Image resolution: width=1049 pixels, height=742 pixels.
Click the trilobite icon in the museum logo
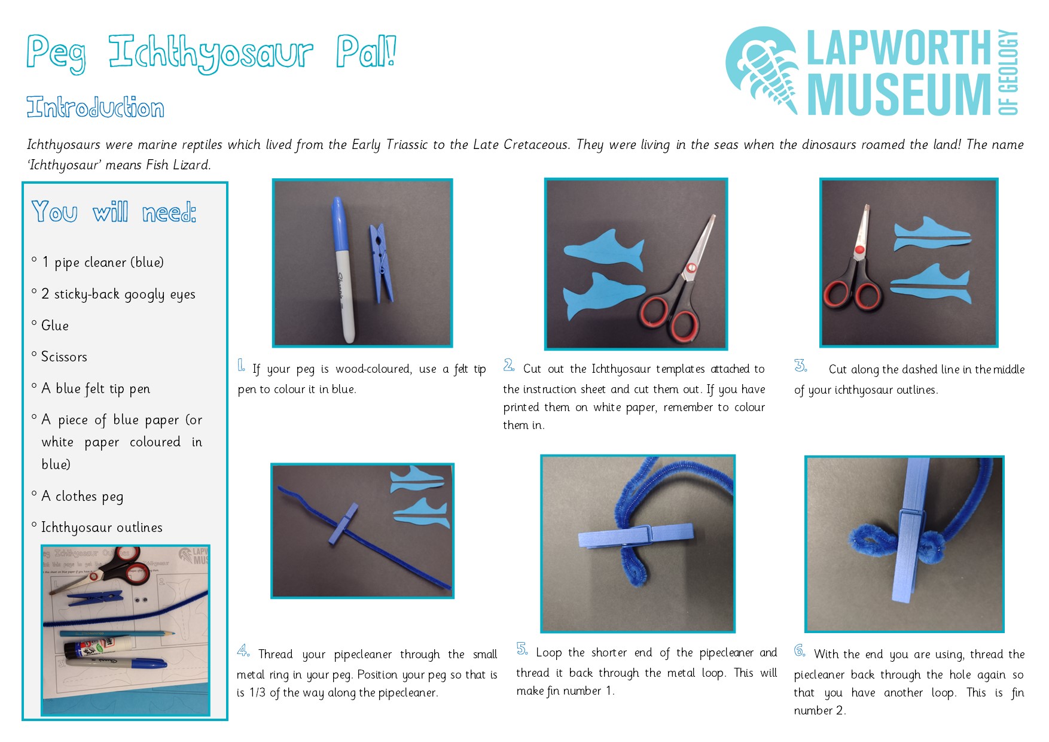(762, 70)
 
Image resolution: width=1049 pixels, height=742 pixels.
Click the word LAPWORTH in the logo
(899, 48)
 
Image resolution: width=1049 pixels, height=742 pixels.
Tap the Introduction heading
(95, 107)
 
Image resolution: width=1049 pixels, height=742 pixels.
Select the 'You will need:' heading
(114, 212)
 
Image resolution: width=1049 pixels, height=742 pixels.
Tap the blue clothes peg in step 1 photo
(381, 262)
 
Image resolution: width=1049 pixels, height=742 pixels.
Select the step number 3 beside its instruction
(800, 366)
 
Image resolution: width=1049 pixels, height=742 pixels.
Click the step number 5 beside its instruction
(522, 649)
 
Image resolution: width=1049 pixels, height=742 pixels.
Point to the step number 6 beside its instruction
(800, 650)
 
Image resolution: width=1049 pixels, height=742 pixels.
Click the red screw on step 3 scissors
(859, 249)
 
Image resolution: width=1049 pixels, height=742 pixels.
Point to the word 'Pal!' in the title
(366, 51)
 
